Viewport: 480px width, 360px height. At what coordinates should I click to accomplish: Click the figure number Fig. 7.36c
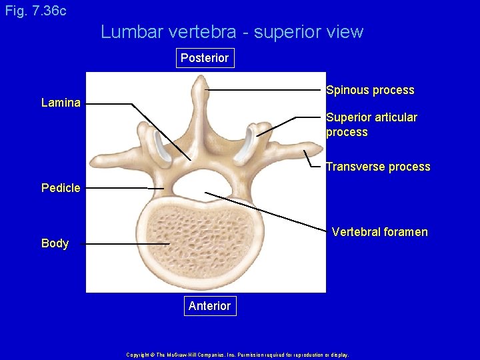click(35, 11)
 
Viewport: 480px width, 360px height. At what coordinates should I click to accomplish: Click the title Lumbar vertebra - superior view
click(232, 32)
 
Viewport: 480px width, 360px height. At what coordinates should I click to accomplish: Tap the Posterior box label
click(204, 58)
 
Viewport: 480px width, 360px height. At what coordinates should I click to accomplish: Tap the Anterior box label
click(209, 306)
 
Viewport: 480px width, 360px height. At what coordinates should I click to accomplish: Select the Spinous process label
click(370, 90)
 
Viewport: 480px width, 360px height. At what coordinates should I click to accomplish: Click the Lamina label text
click(61, 103)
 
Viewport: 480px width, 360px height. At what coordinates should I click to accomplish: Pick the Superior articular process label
click(371, 125)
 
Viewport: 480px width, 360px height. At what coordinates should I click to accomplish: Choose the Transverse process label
click(377, 167)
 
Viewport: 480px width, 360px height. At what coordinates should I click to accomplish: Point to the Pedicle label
click(61, 188)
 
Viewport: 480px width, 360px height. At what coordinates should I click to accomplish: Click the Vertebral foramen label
click(379, 232)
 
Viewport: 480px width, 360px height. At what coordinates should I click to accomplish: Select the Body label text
click(55, 243)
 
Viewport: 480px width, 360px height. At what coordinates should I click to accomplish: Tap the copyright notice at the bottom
click(237, 355)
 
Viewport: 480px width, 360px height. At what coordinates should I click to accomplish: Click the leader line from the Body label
click(120, 244)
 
